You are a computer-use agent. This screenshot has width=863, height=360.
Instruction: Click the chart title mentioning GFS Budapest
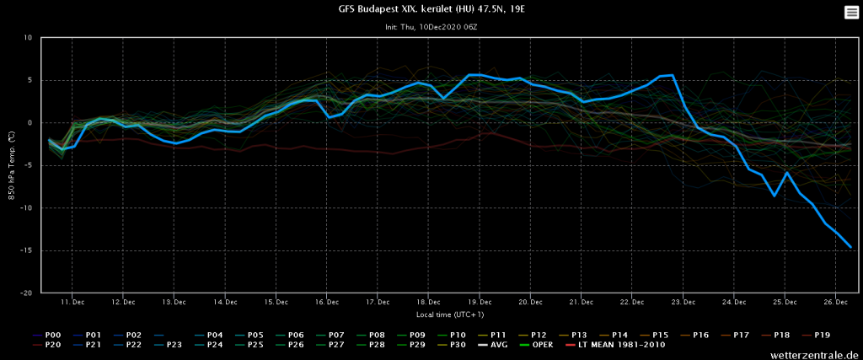[431, 10]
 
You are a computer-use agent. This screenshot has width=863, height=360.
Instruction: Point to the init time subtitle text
[431, 27]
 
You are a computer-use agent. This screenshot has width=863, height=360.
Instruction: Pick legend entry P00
[51, 335]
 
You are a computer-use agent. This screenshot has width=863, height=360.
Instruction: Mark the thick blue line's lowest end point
[851, 247]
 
